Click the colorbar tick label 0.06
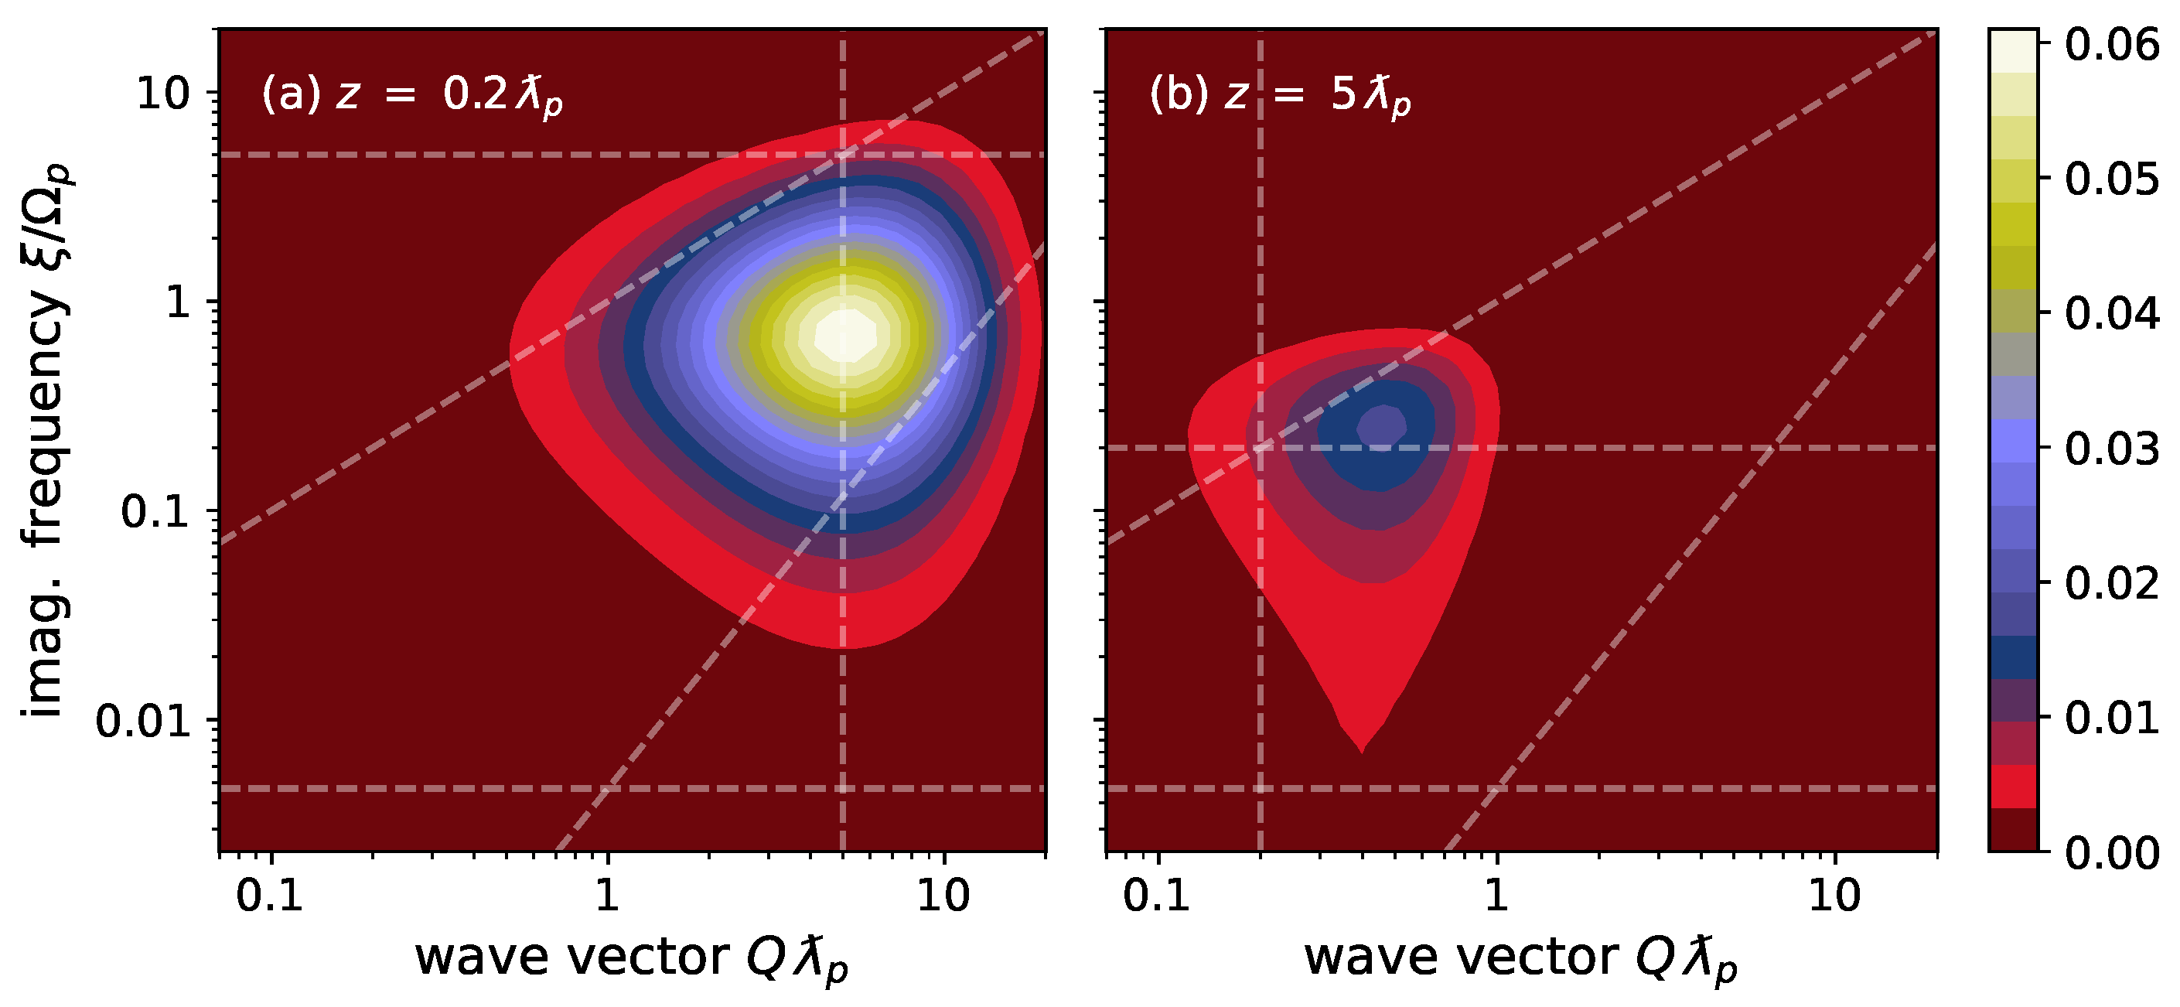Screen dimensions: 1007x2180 pos(2110,44)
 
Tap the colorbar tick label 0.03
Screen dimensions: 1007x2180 pos(2110,449)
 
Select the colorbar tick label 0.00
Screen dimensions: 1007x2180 pos(2110,853)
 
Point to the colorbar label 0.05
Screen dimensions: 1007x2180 pos(2110,179)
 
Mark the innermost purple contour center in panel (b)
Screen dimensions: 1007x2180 pos(1381,425)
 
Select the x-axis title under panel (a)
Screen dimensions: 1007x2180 pos(631,960)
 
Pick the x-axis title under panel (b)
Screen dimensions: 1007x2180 pos(1520,960)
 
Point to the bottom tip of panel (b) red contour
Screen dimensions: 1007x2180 pos(1361,749)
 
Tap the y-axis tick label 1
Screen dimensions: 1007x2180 pos(179,302)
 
